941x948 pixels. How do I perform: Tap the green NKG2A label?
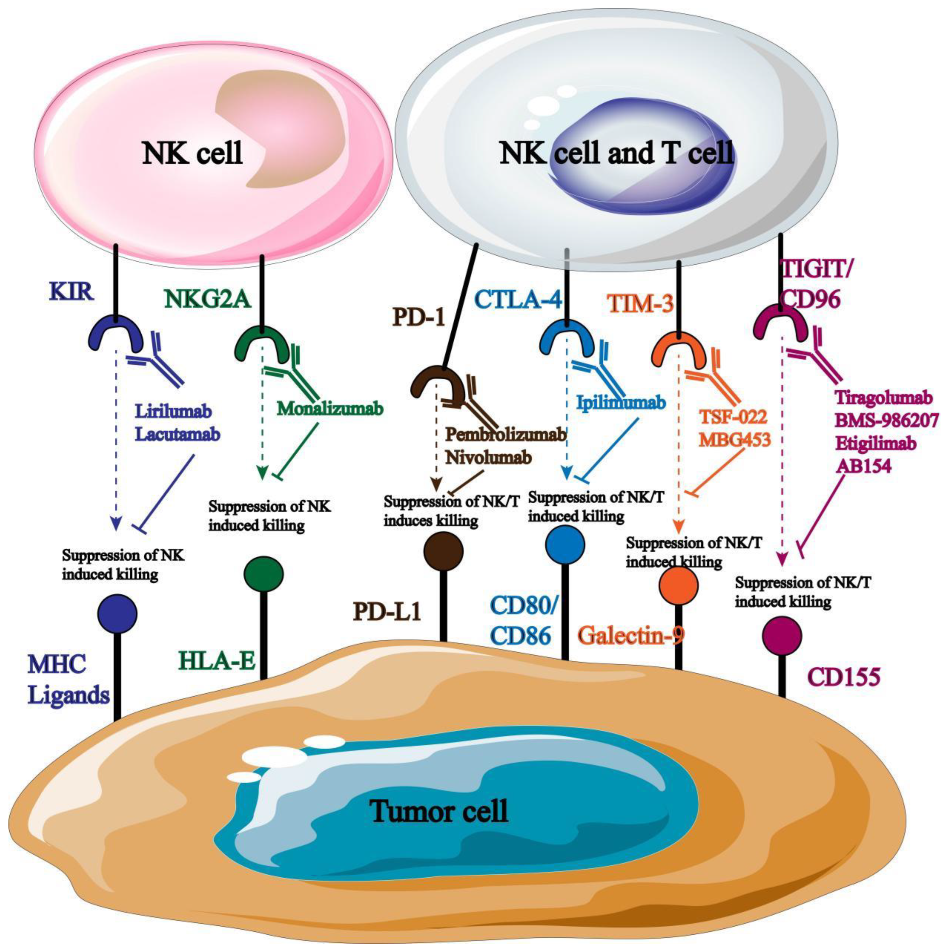208,299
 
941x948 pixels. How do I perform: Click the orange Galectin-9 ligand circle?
678,587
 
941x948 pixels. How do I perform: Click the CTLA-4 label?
519,300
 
